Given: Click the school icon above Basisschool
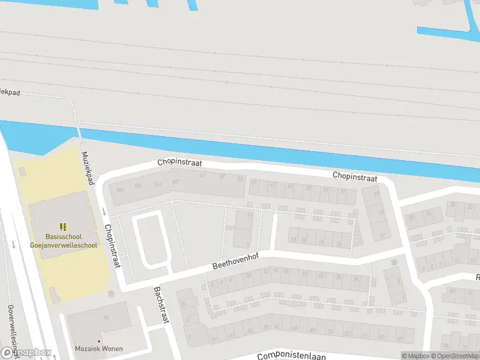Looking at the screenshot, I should [62, 226].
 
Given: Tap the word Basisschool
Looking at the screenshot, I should [63, 237].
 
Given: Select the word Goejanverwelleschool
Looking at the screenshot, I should [63, 245].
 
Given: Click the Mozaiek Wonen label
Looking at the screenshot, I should [99, 349].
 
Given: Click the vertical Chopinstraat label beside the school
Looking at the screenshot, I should [113, 247].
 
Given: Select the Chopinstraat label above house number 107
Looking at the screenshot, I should [179, 163].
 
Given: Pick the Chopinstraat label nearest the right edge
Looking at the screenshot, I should [355, 176].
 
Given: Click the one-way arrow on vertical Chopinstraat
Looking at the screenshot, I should [104, 211].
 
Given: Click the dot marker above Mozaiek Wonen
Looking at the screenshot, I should [111, 293].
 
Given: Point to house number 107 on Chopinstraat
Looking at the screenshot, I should [175, 182].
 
